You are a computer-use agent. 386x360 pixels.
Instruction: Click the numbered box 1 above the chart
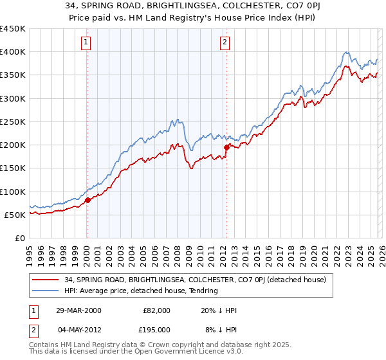coord(86,43)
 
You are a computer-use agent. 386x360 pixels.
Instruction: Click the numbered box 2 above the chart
coord(225,43)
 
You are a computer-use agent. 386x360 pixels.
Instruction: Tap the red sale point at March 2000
coord(87,200)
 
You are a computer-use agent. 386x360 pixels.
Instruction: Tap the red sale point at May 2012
coord(226,147)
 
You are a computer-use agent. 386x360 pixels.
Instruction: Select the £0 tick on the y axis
coord(19,238)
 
